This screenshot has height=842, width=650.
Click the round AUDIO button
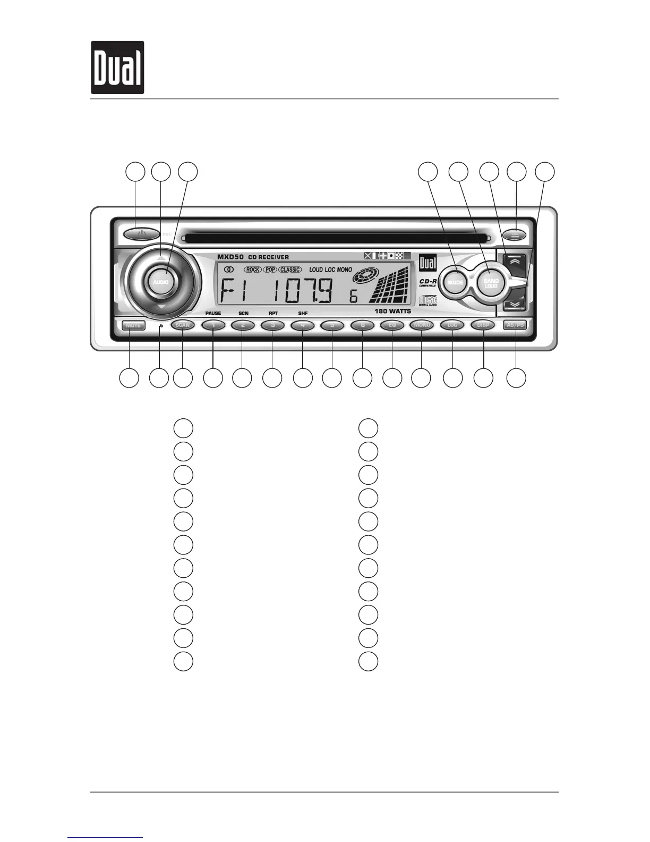(161, 282)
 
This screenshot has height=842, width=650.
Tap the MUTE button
(133, 325)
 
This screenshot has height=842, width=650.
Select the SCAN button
(183, 325)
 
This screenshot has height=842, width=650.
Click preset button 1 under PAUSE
(213, 325)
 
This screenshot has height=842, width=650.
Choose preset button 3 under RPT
(272, 325)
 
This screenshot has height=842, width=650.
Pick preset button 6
(362, 325)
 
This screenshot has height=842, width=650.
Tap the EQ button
(392, 325)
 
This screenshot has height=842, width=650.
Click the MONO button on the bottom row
(422, 325)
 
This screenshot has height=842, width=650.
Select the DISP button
(483, 325)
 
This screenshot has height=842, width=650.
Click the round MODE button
(456, 283)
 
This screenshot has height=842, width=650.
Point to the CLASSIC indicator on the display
(290, 270)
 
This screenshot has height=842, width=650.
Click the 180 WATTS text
(392, 311)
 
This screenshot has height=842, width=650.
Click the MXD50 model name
(230, 257)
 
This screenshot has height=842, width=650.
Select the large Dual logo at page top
(117, 68)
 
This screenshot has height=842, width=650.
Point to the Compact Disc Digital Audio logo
(428, 300)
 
